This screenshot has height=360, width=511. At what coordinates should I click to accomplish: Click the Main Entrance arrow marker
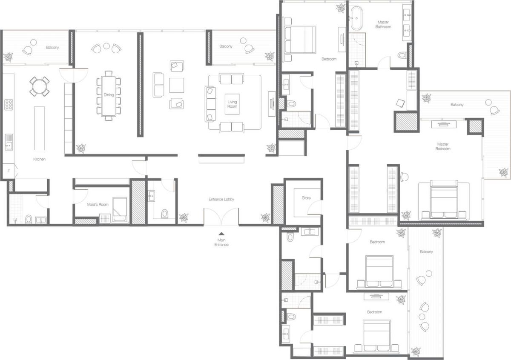[221, 234]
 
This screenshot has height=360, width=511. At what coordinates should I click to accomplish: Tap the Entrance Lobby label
[221, 199]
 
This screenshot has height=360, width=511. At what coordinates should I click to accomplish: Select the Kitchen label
[40, 159]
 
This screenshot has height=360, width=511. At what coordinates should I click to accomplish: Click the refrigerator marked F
[8, 171]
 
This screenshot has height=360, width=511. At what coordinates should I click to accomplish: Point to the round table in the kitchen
[39, 86]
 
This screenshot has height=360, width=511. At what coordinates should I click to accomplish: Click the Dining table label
[109, 95]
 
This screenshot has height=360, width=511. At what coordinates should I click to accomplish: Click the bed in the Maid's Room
[120, 210]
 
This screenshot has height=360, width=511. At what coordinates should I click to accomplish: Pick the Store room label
[306, 198]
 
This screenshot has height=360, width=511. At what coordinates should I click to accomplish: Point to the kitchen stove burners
[9, 105]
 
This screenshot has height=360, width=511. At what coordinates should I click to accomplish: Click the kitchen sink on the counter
[9, 142]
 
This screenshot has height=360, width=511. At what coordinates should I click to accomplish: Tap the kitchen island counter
[39, 128]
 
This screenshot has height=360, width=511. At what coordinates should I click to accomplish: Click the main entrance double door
[221, 217]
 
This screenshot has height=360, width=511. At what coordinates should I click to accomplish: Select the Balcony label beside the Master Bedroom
[457, 105]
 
